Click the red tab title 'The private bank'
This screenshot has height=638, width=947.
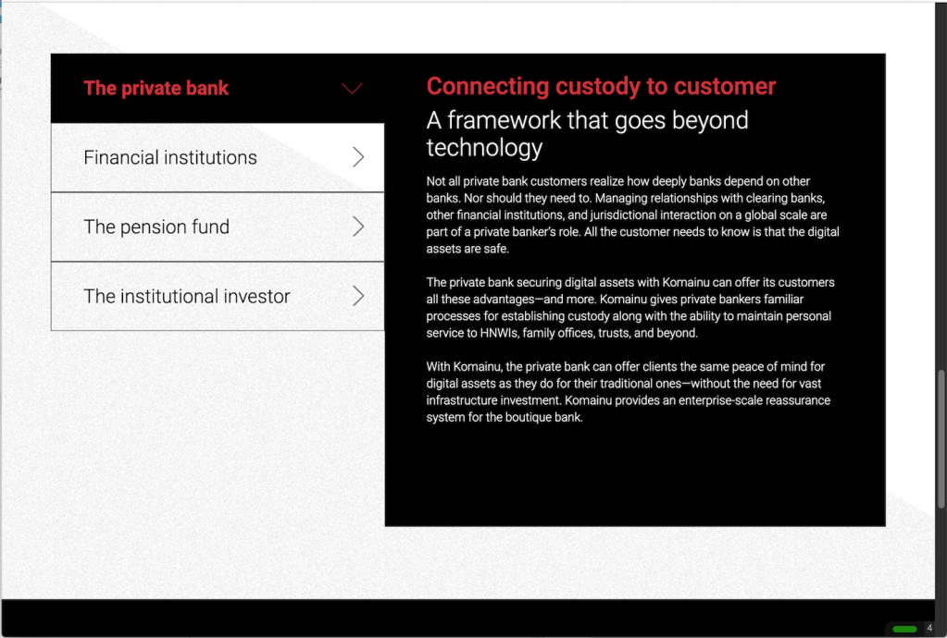[x=156, y=88]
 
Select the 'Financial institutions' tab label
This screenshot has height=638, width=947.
[x=170, y=157]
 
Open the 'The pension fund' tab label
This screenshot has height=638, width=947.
[x=156, y=227]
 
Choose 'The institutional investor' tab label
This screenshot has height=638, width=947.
[x=187, y=296]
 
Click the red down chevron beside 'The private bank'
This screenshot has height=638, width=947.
[x=352, y=89]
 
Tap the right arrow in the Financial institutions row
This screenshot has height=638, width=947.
[x=359, y=157]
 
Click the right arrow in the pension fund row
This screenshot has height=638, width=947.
[x=359, y=227]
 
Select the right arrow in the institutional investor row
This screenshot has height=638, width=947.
[x=359, y=296]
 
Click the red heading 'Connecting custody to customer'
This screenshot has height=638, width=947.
[x=601, y=86]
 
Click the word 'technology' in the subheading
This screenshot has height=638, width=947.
[x=484, y=148]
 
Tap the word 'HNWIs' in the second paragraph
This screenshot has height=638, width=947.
[x=499, y=333]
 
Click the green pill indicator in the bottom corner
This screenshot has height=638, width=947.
[x=904, y=629]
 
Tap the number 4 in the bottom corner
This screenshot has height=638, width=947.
[x=929, y=629]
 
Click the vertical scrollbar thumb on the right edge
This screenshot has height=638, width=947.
[x=941, y=439]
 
